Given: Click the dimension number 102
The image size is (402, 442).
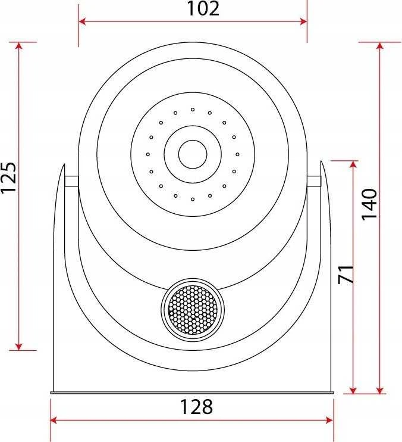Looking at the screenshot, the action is (203, 8).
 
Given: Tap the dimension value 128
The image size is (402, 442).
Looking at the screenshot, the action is (196, 407).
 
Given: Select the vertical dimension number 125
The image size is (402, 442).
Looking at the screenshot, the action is (8, 178).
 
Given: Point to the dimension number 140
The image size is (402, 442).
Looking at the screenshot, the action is (369, 204).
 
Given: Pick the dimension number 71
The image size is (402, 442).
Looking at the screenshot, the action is (346, 274).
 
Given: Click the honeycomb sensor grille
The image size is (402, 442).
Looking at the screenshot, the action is (193, 310).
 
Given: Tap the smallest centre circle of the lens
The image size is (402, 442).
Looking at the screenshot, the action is (193, 154).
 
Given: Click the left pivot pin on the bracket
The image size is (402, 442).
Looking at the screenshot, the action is (71, 181).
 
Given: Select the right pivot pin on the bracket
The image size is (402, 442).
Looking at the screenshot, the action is (313, 181).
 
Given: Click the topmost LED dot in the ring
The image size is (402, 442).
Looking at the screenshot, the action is (193, 110).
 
